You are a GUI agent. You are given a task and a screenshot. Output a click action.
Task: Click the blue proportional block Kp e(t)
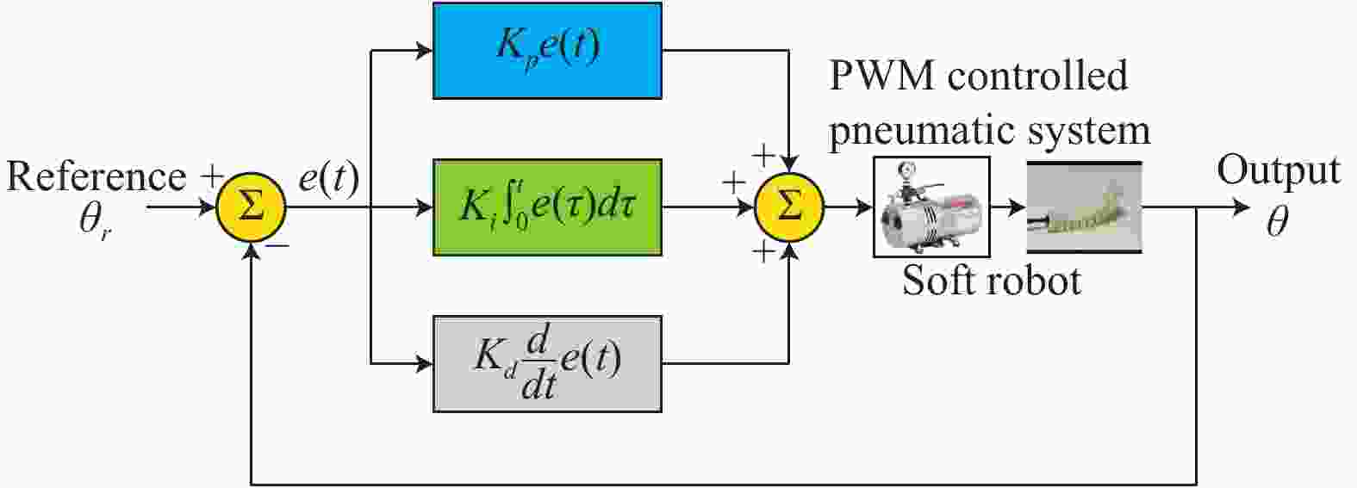(547, 51)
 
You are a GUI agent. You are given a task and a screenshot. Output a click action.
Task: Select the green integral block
(547, 207)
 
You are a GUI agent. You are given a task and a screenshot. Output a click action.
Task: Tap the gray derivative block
(547, 364)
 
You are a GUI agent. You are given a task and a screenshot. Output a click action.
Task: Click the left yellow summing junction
(251, 207)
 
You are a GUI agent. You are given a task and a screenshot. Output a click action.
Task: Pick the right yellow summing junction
(788, 207)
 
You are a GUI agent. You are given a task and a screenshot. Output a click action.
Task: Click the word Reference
(96, 177)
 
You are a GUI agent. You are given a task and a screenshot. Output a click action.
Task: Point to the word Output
(1279, 171)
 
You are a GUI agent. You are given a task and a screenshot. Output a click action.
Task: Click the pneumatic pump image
(931, 207)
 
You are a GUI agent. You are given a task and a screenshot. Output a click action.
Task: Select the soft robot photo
(1085, 207)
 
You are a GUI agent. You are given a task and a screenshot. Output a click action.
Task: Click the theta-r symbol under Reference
(95, 221)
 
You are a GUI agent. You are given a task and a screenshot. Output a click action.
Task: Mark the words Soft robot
(992, 281)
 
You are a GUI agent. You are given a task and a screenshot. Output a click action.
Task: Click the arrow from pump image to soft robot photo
(1008, 207)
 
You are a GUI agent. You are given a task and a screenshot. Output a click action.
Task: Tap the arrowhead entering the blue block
(424, 51)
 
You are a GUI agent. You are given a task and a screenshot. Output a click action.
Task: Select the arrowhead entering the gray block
(424, 364)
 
